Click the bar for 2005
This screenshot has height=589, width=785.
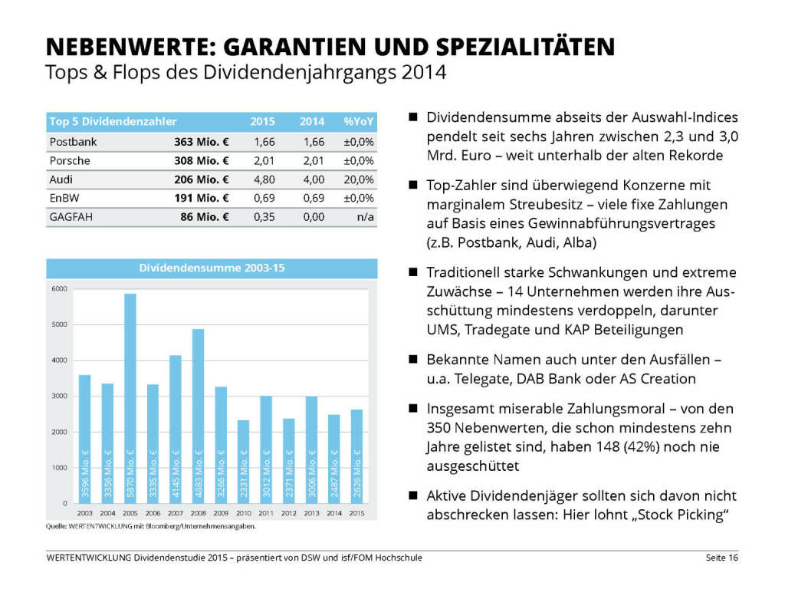pyautogui.click(x=130, y=398)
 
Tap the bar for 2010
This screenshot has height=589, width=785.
pyautogui.click(x=243, y=461)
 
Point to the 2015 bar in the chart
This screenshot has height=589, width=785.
pyautogui.click(x=357, y=456)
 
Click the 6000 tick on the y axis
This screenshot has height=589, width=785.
pyautogui.click(x=61, y=288)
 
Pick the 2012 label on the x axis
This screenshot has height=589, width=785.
pyautogui.click(x=289, y=512)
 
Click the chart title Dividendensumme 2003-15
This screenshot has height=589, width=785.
pyautogui.click(x=212, y=268)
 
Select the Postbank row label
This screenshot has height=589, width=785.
pyautogui.click(x=73, y=142)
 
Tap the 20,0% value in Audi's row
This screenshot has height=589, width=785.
pyautogui.click(x=359, y=179)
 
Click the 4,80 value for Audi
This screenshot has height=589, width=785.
pyautogui.click(x=262, y=179)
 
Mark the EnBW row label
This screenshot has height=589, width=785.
pyautogui.click(x=64, y=198)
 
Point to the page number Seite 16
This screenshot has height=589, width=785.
pyautogui.click(x=721, y=558)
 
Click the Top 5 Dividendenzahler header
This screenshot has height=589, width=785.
pyautogui.click(x=113, y=121)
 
